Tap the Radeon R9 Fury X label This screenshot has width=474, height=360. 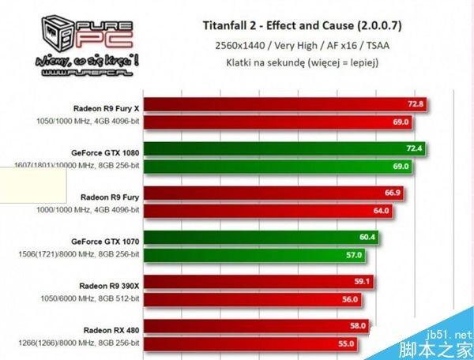coord(106,104)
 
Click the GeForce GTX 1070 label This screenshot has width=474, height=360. coord(105,238)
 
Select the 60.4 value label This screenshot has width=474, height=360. coord(367,238)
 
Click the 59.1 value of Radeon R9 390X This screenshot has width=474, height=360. coord(362,282)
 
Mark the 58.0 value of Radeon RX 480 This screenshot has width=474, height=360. coord(357,326)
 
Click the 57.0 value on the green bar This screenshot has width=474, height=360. coord(353,255)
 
